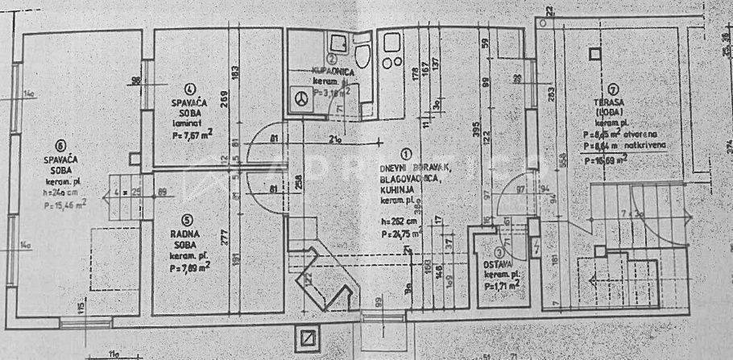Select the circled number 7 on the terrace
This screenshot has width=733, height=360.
click(x=614, y=89)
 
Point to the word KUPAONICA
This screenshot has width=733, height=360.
click(x=331, y=72)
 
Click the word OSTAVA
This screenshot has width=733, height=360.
click(x=496, y=266)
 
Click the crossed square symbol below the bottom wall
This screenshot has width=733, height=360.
click(x=307, y=337)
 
